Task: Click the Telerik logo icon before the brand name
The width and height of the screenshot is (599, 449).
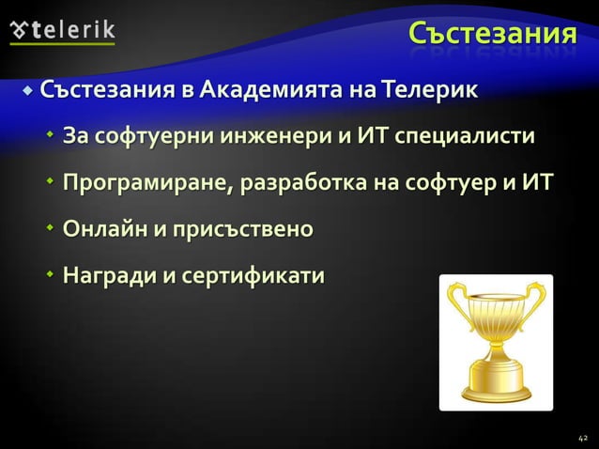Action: point(20,29)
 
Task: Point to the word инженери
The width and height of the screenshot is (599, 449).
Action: point(272,138)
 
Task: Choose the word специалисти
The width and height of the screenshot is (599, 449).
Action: point(466,138)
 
